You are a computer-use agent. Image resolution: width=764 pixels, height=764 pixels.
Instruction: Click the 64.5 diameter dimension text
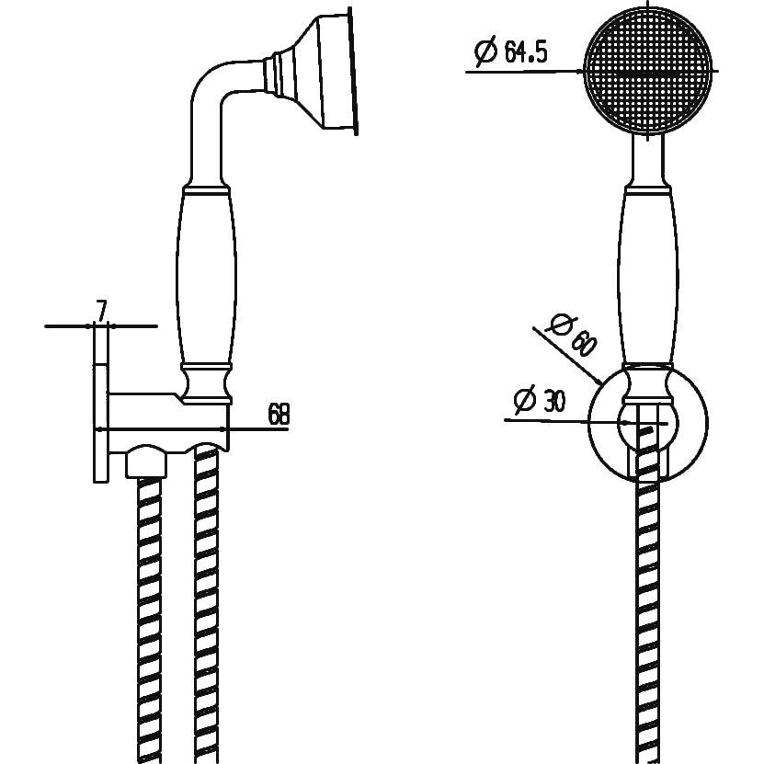tap(510, 51)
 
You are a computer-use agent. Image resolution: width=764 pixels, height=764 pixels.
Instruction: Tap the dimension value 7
tap(101, 311)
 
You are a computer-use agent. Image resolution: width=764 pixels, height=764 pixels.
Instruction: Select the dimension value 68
tap(279, 414)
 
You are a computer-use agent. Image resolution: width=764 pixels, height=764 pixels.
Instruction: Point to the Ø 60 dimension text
tap(572, 336)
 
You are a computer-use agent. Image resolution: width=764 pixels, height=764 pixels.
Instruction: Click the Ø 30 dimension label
tap(540, 400)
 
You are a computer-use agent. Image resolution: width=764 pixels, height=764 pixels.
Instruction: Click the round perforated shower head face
tap(647, 71)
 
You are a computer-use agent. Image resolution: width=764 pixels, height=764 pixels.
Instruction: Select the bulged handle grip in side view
tap(206, 275)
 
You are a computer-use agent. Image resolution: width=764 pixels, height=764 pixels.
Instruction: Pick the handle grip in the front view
tap(647, 275)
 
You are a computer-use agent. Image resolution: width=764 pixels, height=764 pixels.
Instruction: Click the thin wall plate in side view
tap(100, 423)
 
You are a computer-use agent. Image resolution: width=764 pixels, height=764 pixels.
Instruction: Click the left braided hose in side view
tap(149, 620)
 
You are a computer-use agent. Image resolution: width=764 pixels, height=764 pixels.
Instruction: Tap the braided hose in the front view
tap(648, 619)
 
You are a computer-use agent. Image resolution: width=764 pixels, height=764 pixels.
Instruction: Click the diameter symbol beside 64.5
tap(485, 51)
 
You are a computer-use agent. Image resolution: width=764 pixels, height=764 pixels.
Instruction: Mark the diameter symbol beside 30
tap(525, 401)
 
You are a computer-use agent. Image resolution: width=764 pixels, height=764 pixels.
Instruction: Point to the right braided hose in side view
tap(206, 604)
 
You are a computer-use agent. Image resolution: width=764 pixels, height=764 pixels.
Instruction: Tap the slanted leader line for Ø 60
tap(567, 356)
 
